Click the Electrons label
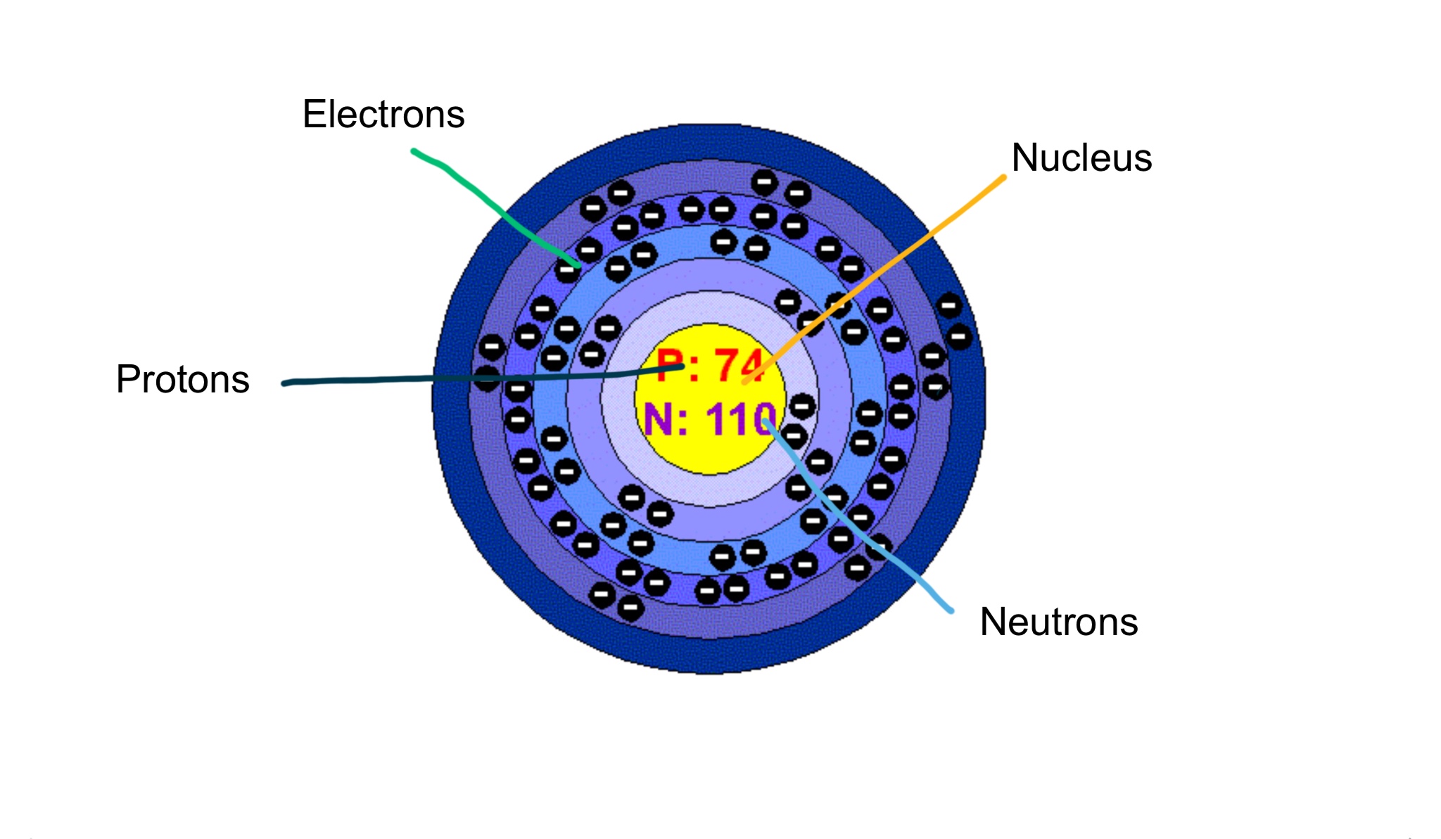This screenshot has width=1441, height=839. pyautogui.click(x=383, y=114)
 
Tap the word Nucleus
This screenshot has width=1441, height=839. pyautogui.click(x=1081, y=158)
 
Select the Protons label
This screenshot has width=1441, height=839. pyautogui.click(x=183, y=380)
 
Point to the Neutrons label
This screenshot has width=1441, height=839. pyautogui.click(x=1059, y=622)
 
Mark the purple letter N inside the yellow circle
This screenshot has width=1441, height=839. pyautogui.click(x=658, y=420)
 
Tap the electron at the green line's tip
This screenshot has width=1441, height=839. pyautogui.click(x=567, y=270)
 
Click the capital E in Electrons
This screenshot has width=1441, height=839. pyautogui.click(x=314, y=114)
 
